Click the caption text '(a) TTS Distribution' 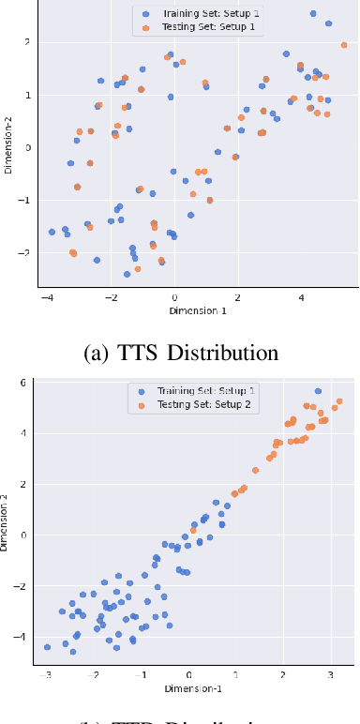(180, 353)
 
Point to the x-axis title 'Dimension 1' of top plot (197, 310)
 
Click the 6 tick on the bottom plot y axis (23, 383)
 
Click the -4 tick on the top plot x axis (47, 297)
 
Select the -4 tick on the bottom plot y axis (21, 637)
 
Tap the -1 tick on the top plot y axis (21, 200)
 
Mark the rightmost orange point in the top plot (344, 45)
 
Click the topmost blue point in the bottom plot (318, 391)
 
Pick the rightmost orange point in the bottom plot (339, 401)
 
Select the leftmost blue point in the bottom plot (47, 647)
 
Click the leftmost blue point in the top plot (52, 232)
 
